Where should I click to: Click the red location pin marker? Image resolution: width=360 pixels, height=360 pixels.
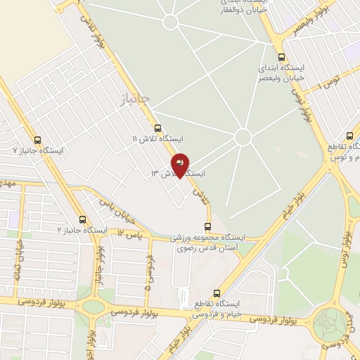180,165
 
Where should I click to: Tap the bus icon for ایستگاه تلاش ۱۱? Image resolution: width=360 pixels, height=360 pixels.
157,129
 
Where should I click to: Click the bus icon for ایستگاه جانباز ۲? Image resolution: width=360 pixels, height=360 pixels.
83,219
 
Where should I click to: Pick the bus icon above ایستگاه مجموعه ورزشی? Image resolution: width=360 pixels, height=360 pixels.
207,226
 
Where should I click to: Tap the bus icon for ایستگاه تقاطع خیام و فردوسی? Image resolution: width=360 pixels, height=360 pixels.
217,293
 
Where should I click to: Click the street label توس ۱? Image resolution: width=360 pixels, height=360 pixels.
330,84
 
